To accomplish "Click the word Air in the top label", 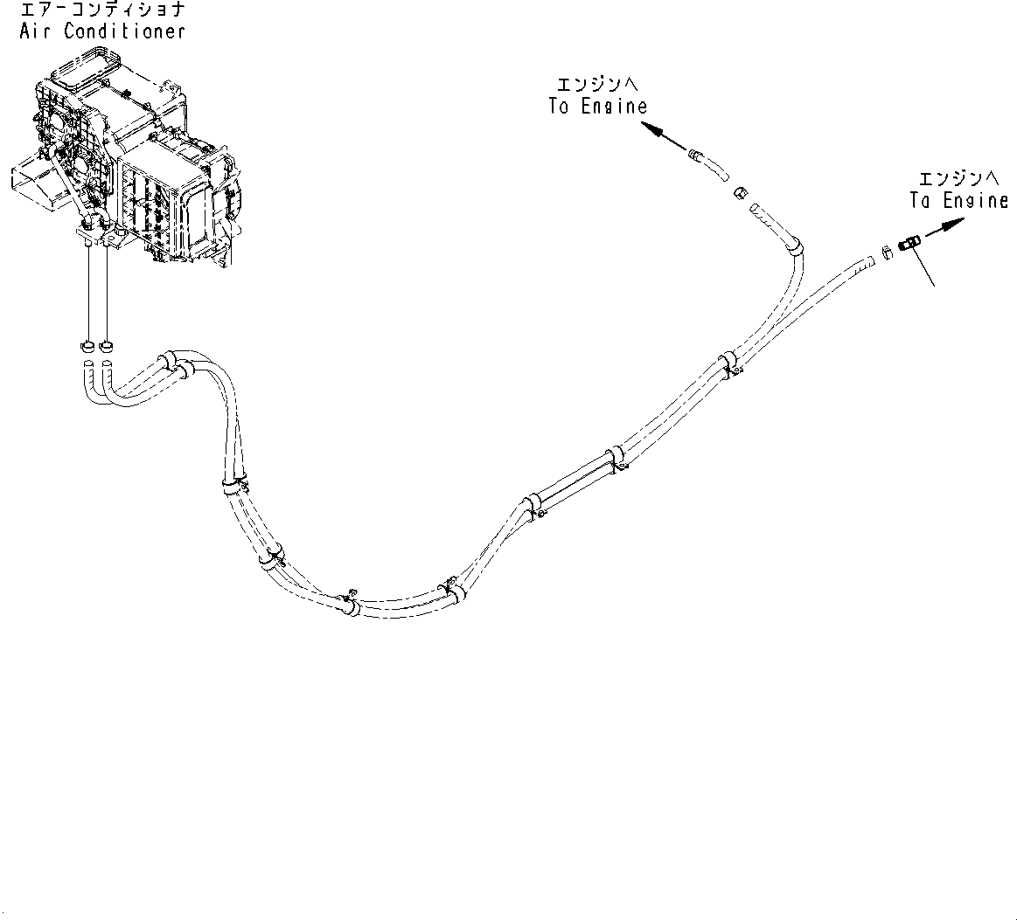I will pos(35,31).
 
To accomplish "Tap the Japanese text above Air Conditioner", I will pos(101,10).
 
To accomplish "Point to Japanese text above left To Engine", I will pos(597,85).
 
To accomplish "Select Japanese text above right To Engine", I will pos(958,178).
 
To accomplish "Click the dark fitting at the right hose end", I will pos(909,242).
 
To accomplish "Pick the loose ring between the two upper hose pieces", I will pos(739,191).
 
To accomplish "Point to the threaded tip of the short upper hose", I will pos(695,156).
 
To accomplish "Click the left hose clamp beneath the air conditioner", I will pos(88,343).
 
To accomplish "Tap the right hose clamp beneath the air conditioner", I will pos(106,343).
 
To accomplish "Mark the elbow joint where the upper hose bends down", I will pos(794,246).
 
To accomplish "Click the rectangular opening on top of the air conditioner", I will pos(80,69).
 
